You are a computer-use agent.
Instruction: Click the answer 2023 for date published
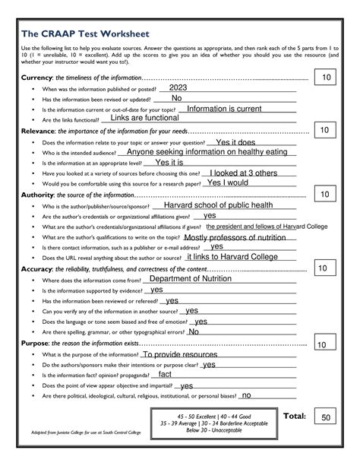[x=172, y=88]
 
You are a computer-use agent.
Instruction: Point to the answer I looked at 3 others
[x=244, y=173]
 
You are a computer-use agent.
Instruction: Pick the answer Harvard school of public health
[x=218, y=205]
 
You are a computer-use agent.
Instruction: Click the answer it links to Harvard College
[x=232, y=257]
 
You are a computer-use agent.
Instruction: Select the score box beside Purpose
[x=321, y=345]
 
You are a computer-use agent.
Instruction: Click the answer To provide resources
[x=179, y=354]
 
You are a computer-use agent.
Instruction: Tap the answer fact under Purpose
[x=165, y=374]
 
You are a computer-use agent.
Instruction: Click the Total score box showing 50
[x=326, y=417]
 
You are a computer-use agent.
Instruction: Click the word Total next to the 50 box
[x=294, y=417]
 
